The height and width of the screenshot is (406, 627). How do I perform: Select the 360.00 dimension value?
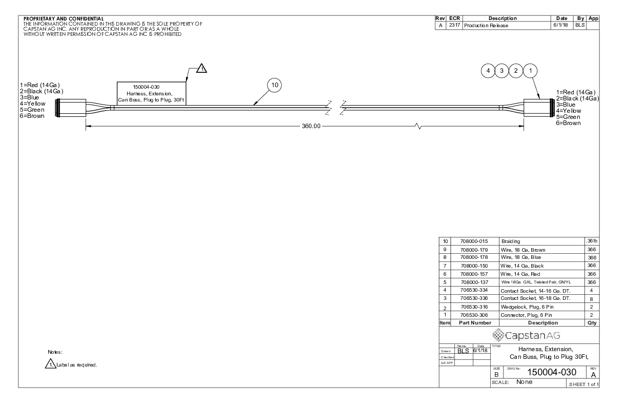[311, 126]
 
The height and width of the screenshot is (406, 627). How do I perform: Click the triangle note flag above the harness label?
[201, 68]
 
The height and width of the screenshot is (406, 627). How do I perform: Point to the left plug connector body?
[71, 108]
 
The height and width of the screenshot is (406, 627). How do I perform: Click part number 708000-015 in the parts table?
[474, 241]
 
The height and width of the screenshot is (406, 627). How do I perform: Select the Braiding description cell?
[511, 241]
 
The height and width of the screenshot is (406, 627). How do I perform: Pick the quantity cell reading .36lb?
[592, 241]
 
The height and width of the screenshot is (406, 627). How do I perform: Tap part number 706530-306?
[474, 315]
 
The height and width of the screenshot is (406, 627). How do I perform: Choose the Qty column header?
[592, 323]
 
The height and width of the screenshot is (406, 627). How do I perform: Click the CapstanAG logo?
[526, 335]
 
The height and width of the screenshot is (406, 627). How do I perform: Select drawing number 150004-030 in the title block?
[552, 372]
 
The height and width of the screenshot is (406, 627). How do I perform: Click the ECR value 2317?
[454, 25]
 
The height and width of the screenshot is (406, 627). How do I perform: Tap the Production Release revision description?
[486, 26]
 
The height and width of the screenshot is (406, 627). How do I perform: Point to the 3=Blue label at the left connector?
[29, 97]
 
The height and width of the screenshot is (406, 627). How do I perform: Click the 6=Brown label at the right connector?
[568, 123]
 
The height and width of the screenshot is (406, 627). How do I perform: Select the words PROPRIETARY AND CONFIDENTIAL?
[64, 19]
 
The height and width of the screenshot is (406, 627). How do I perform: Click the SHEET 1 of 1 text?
[583, 384]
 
